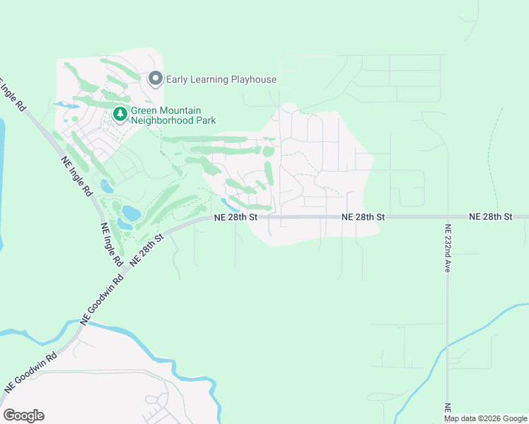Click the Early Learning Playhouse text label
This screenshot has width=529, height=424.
point(221,79)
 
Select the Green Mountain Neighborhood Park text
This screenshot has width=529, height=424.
point(166,115)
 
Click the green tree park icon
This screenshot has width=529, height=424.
point(120,114)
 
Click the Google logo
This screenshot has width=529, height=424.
point(23,416)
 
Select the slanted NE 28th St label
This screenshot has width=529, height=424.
point(146,248)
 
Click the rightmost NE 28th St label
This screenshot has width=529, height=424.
point(490,217)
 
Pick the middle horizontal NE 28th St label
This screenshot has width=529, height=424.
point(363,217)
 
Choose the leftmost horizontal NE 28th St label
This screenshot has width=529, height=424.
point(235,217)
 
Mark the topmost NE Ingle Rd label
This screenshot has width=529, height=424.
point(13,93)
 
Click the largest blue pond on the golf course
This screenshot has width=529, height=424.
point(131,212)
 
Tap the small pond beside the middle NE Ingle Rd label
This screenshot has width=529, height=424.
point(105,187)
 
